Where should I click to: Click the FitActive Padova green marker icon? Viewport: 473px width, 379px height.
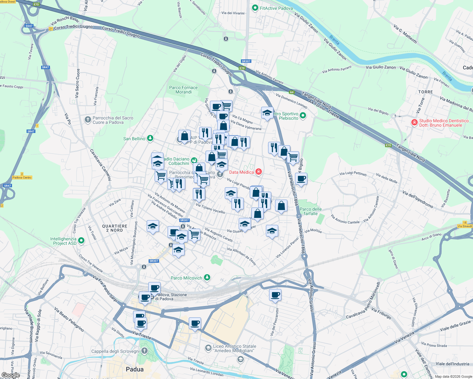click(x=255, y=8)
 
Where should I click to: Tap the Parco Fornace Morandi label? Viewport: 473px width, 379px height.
click(x=183, y=90)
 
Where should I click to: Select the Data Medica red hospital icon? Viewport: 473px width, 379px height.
click(x=259, y=171)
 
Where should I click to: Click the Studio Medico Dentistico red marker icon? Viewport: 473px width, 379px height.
click(x=414, y=123)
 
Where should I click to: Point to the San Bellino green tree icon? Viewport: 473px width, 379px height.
click(x=150, y=138)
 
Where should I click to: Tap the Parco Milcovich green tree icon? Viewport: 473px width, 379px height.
click(x=207, y=277)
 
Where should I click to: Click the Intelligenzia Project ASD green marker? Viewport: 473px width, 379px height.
click(x=81, y=241)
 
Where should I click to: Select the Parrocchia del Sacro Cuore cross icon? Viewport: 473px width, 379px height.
click(x=88, y=119)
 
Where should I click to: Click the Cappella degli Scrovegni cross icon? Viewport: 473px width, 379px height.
click(x=144, y=351)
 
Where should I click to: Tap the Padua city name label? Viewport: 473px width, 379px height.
click(x=135, y=369)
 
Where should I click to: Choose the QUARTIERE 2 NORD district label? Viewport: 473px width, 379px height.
click(x=115, y=228)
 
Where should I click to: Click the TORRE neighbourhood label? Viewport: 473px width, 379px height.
click(x=426, y=92)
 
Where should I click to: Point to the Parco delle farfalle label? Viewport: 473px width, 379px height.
click(x=311, y=211)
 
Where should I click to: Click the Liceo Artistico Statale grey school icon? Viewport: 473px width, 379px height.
click(x=208, y=348)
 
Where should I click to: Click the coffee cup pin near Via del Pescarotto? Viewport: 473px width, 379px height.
click(x=275, y=294)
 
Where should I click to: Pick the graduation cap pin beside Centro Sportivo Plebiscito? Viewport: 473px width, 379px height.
click(x=267, y=113)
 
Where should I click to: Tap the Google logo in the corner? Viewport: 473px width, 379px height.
click(x=10, y=375)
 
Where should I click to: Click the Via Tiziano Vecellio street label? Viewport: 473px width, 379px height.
click(x=210, y=208)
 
